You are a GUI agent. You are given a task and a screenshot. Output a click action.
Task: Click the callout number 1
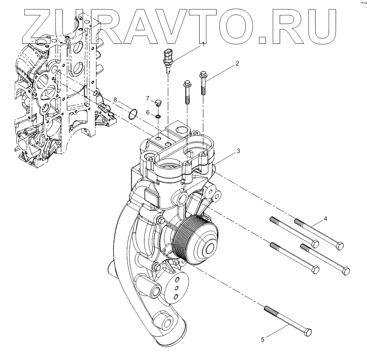point(204,44)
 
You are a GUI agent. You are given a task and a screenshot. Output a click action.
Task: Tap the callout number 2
point(237,64)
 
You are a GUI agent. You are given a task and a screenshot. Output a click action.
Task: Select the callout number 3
point(238,151)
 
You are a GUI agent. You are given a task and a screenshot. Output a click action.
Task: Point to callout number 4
point(325,219)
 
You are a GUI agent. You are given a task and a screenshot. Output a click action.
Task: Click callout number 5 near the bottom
point(263,340)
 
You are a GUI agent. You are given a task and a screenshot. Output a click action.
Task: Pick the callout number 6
point(148,112)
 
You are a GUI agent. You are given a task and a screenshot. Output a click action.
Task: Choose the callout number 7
point(148,98)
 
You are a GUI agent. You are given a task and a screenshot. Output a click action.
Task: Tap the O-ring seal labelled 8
point(133,114)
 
